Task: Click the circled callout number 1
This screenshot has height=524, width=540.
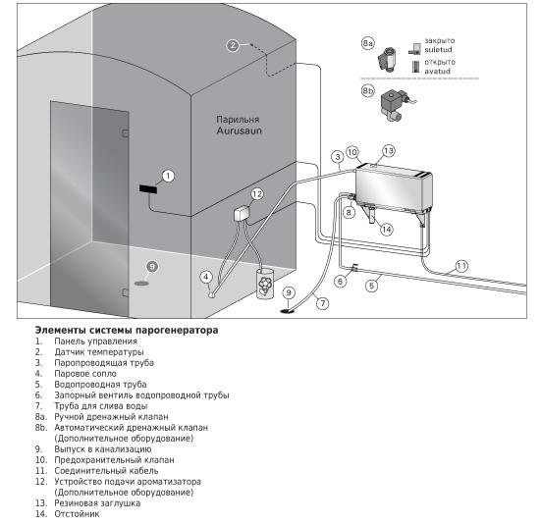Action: point(168,176)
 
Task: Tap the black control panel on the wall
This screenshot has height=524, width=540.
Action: point(148,188)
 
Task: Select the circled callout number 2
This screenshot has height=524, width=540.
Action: point(233,45)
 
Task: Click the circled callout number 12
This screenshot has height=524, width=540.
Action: point(257,194)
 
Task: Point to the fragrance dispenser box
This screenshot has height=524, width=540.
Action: point(242,213)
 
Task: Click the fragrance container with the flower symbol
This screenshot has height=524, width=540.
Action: point(264,283)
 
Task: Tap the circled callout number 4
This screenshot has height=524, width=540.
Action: point(206,277)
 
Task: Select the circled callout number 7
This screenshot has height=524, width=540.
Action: point(323,303)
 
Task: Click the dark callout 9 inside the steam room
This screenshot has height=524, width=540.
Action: point(152,267)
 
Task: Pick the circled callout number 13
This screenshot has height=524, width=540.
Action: point(389,151)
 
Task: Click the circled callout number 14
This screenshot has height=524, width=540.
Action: point(387,230)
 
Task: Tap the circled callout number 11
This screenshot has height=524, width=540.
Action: point(461,266)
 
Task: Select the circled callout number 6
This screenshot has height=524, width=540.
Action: point(341,282)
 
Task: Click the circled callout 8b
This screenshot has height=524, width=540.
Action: point(368,91)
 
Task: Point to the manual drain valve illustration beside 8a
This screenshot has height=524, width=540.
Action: point(387,59)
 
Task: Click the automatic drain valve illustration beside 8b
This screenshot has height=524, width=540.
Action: point(396,105)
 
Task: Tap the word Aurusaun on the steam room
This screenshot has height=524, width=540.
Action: point(239,131)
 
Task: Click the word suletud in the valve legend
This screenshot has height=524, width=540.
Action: point(438,50)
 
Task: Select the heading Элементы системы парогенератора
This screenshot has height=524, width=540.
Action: point(127,330)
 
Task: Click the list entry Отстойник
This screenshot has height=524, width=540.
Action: point(77,513)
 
